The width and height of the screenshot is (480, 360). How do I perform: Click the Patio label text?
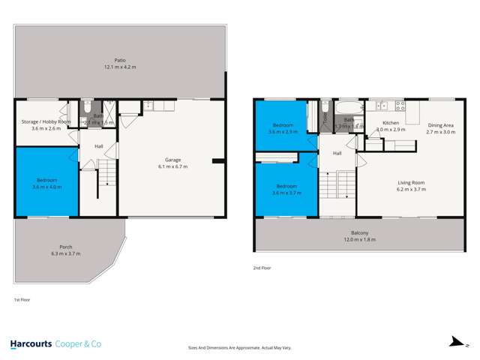click(120, 59)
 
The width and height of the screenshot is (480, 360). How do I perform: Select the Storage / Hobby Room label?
click(46, 121)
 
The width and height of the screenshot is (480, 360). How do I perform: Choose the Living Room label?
click(410, 182)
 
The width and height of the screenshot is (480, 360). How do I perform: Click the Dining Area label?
click(441, 124)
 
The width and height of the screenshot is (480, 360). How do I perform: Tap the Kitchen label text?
click(391, 122)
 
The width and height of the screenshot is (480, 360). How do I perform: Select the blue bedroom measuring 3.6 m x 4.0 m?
click(46, 181)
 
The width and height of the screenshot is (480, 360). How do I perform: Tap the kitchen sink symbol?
click(382, 106)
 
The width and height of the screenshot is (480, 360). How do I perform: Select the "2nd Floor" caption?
click(262, 268)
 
